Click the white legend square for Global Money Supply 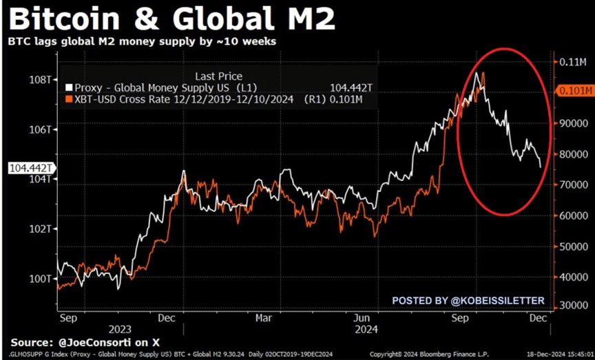(x=68, y=89)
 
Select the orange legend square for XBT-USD (x=68, y=100)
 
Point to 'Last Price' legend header (x=219, y=76)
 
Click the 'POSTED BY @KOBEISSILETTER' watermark (x=468, y=300)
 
